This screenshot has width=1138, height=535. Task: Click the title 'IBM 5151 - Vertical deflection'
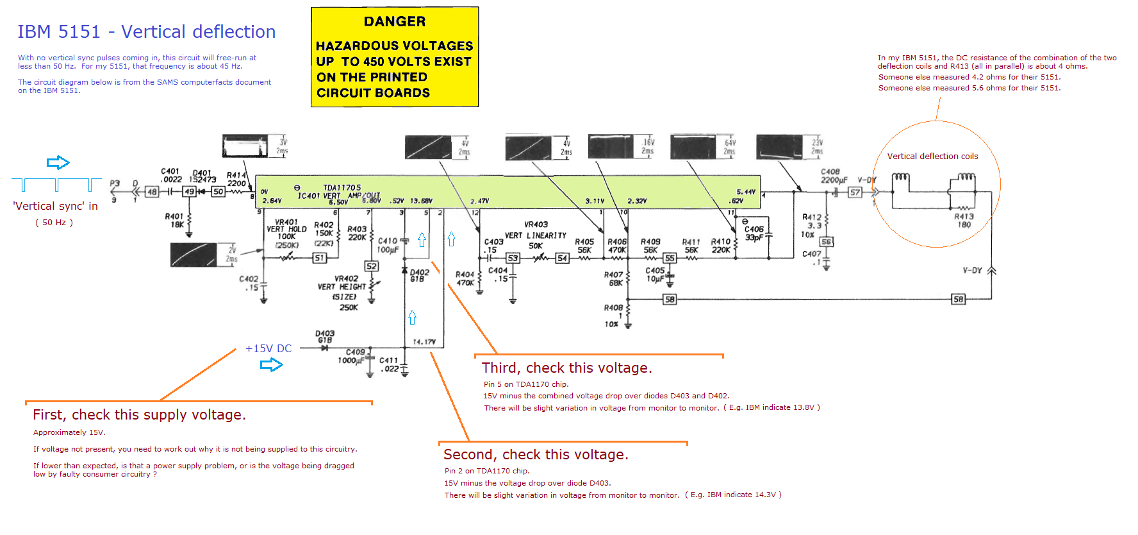click(146, 32)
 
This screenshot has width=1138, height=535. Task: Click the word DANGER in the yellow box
click(395, 22)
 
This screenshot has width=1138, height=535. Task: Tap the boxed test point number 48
click(152, 192)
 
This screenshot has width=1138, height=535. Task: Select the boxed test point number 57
click(855, 192)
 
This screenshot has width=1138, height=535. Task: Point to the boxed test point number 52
click(371, 266)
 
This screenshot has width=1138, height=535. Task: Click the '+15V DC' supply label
click(268, 349)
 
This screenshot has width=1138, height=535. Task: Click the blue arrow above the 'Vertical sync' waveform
click(58, 162)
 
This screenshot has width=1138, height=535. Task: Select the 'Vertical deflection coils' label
click(932, 157)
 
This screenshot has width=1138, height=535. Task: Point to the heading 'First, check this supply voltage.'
click(139, 415)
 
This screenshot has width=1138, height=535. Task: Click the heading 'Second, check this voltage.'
click(536, 455)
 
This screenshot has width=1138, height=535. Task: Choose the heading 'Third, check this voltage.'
click(566, 368)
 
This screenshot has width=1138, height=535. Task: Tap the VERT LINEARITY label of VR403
click(536, 235)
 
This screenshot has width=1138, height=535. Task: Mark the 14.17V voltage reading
click(424, 342)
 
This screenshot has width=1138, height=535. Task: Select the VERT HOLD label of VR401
click(286, 229)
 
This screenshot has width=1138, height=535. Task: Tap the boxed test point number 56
click(827, 242)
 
